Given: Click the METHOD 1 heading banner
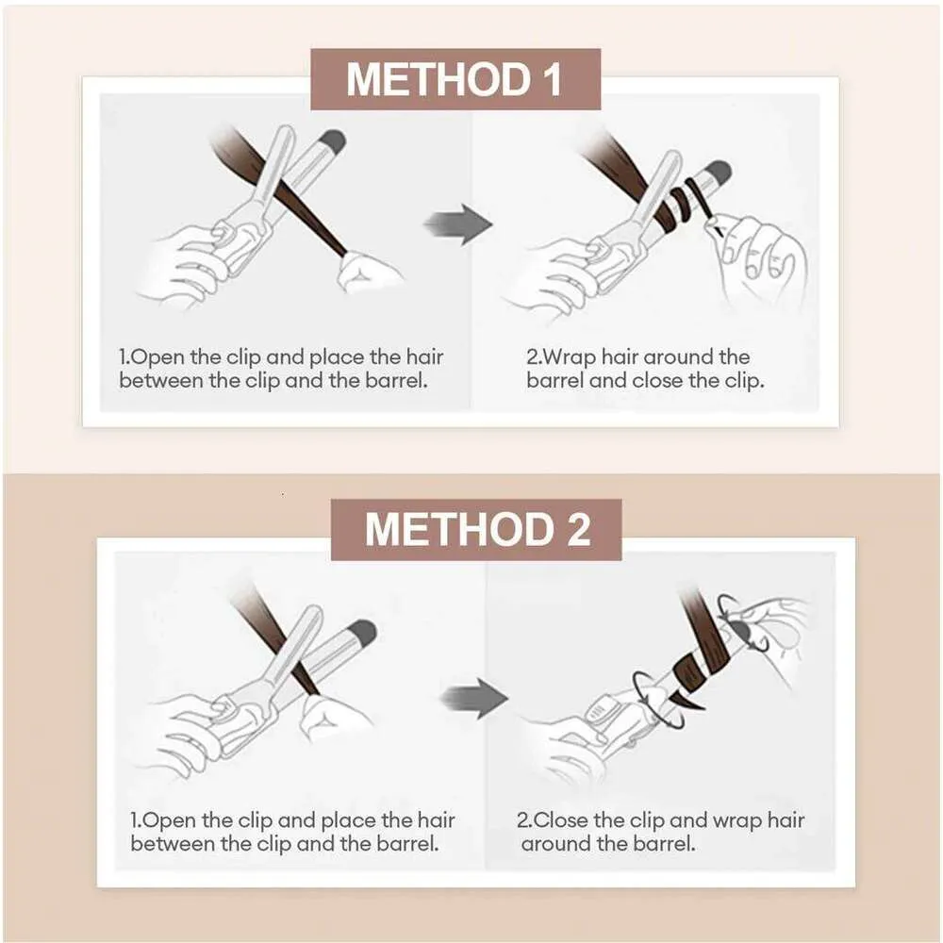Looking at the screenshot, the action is tap(455, 79).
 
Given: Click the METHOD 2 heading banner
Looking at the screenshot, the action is tap(476, 529).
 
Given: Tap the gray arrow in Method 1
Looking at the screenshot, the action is tap(458, 224).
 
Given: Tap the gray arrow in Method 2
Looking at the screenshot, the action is tap(474, 698).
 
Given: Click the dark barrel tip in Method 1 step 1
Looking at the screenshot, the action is tap(333, 141).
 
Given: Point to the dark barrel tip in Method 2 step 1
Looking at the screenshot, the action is tap(363, 632).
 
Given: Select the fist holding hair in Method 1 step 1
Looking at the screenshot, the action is tap(368, 272).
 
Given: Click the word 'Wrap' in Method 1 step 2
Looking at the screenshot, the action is tap(569, 357).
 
